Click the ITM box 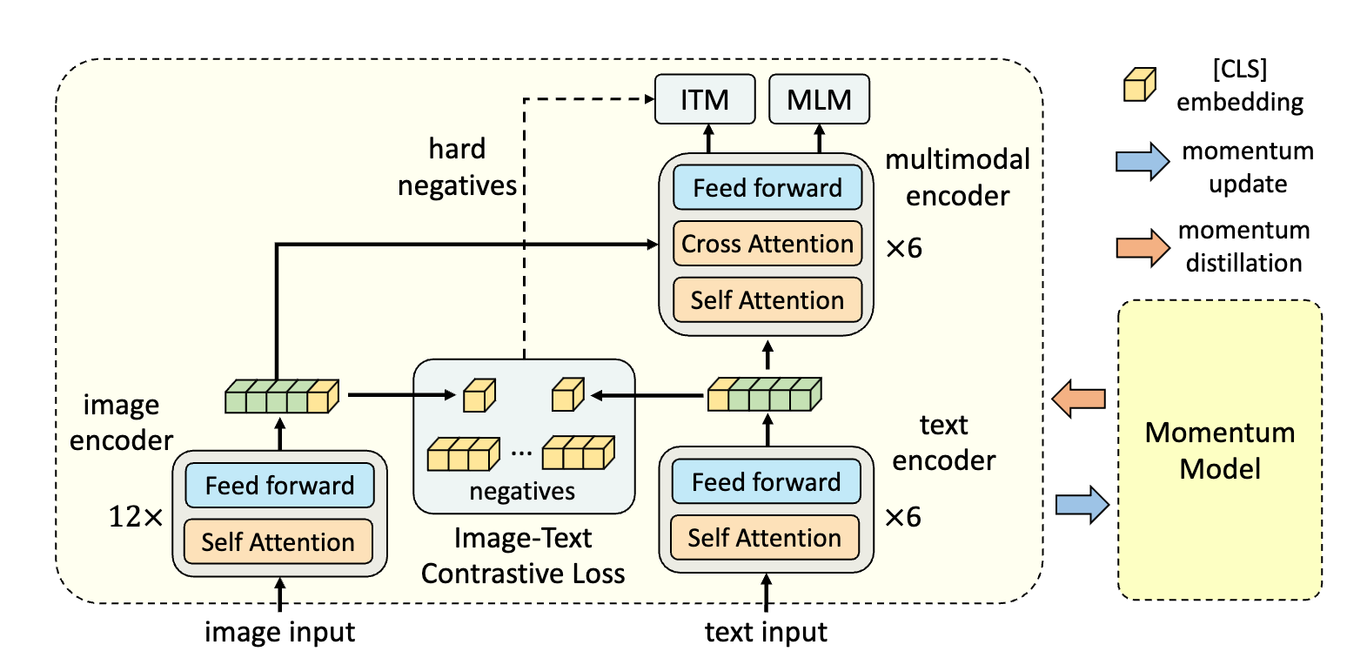tap(705, 99)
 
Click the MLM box tap(819, 99)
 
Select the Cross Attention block tap(767, 244)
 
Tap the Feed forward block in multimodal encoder tap(767, 188)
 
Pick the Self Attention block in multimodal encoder tap(767, 300)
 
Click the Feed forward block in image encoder tap(279, 486)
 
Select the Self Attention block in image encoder tap(278, 542)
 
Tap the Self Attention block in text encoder tap(764, 538)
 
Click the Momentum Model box tap(1219, 450)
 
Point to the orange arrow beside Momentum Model tap(1079, 399)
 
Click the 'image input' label tap(279, 632)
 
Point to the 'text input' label tap(766, 632)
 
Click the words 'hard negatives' tap(457, 167)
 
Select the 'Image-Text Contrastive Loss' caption tap(523, 556)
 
